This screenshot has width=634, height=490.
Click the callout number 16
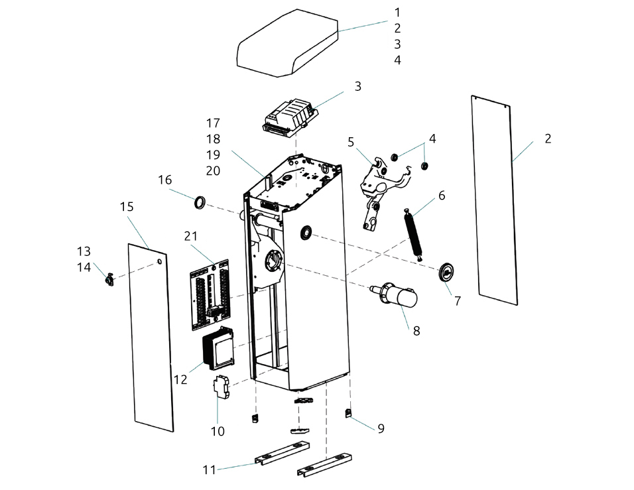click(x=164, y=180)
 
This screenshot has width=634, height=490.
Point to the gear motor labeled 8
click(x=394, y=296)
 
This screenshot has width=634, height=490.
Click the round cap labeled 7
click(x=446, y=271)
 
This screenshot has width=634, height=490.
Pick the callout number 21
click(x=190, y=236)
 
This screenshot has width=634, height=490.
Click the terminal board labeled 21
click(x=210, y=294)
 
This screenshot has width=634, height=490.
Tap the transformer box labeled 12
click(x=218, y=349)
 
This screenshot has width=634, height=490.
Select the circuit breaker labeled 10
click(x=221, y=387)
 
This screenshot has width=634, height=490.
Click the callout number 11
click(x=209, y=469)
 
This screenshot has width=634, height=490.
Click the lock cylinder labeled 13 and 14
click(x=109, y=279)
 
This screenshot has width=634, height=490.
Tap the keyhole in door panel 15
click(x=160, y=261)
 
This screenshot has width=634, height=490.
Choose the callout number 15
click(x=127, y=207)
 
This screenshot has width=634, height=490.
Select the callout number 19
click(x=213, y=154)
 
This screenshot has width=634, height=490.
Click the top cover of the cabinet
click(x=287, y=43)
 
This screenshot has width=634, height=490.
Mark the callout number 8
click(x=416, y=331)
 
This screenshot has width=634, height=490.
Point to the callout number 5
click(x=351, y=142)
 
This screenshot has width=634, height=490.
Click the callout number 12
click(x=180, y=379)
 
